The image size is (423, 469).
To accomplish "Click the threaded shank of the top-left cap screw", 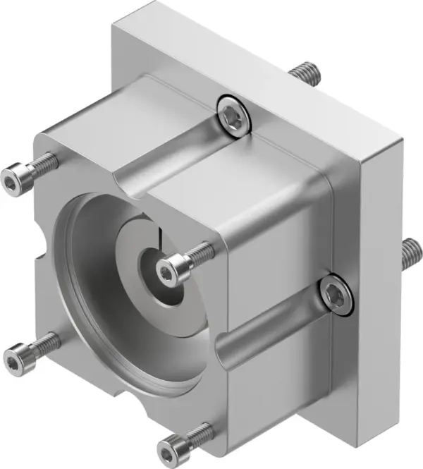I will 42,162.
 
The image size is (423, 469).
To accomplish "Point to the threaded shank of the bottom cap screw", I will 197,432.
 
